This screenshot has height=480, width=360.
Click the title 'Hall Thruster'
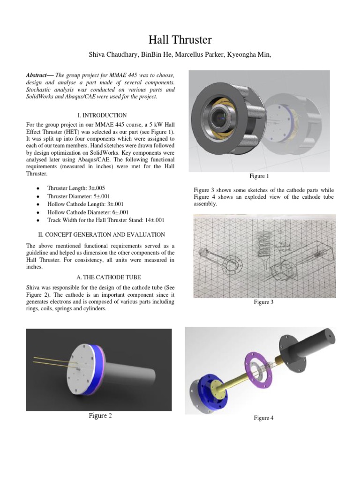(180, 40)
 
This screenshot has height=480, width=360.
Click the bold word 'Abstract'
(40, 75)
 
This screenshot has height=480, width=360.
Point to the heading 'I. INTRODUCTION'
(101, 115)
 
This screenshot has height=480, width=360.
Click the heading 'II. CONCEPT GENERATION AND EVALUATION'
(101, 234)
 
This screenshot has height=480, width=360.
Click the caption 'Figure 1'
(259, 176)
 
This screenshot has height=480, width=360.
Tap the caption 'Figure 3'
(263, 302)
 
